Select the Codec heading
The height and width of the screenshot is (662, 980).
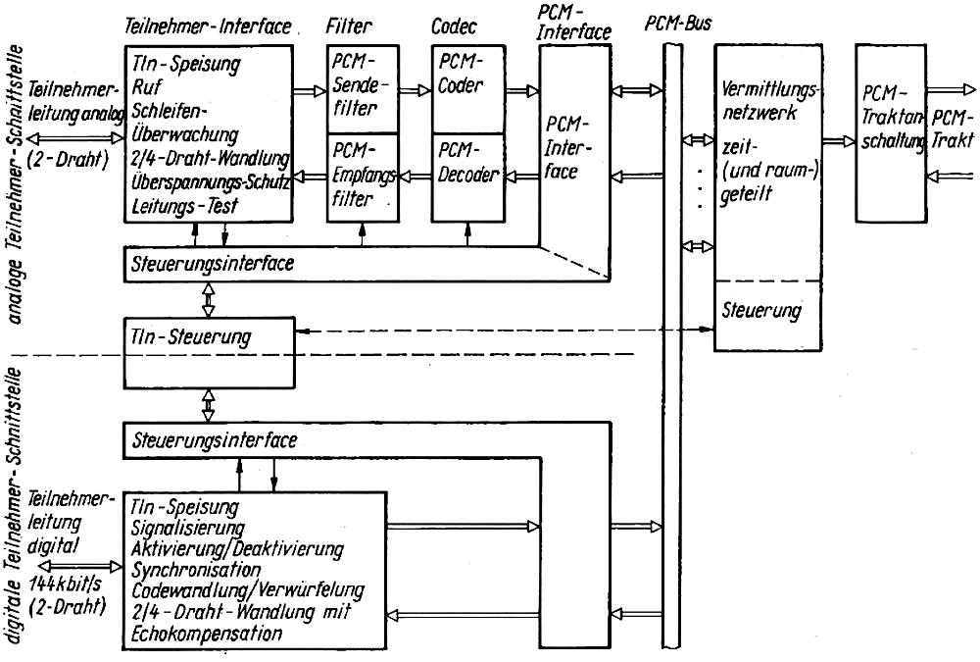[453, 27]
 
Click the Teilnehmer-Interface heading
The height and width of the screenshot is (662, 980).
[210, 26]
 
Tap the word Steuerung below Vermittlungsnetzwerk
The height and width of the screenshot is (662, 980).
[761, 311]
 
